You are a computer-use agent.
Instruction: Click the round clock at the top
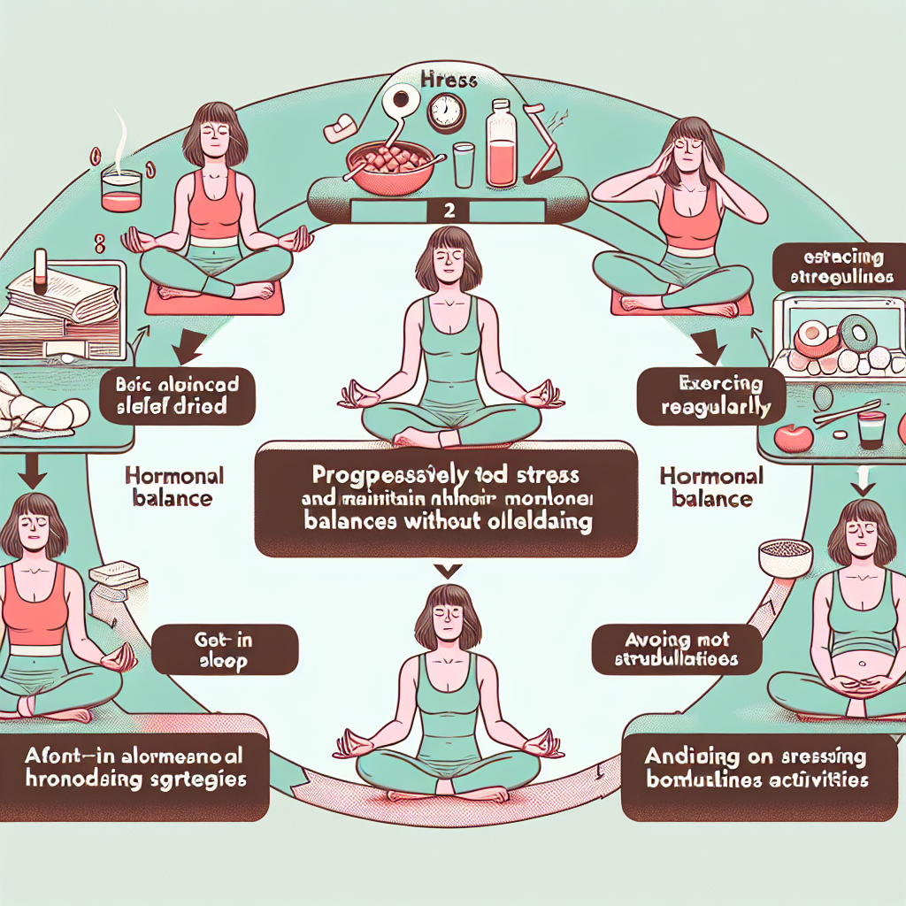coord(445,113)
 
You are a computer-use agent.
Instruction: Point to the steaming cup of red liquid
coord(121,188)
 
